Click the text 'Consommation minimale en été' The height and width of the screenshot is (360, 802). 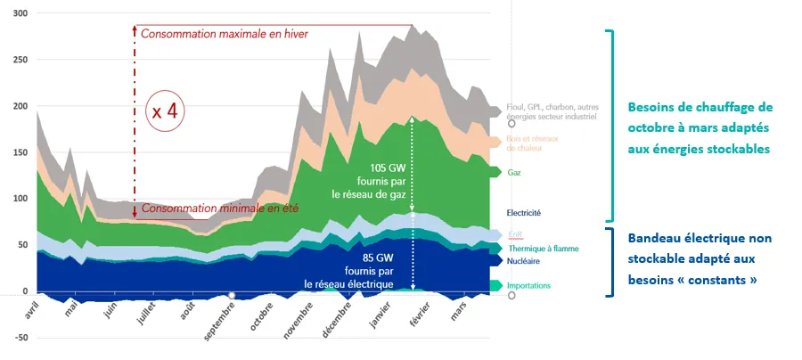[218, 209]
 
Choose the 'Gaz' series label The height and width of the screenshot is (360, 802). [514, 172]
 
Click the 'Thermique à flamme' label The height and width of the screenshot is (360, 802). [543, 249]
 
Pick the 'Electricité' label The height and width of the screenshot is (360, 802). [523, 213]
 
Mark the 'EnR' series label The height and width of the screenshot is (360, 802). [514, 235]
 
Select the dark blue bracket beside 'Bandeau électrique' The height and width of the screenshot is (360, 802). [610, 261]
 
